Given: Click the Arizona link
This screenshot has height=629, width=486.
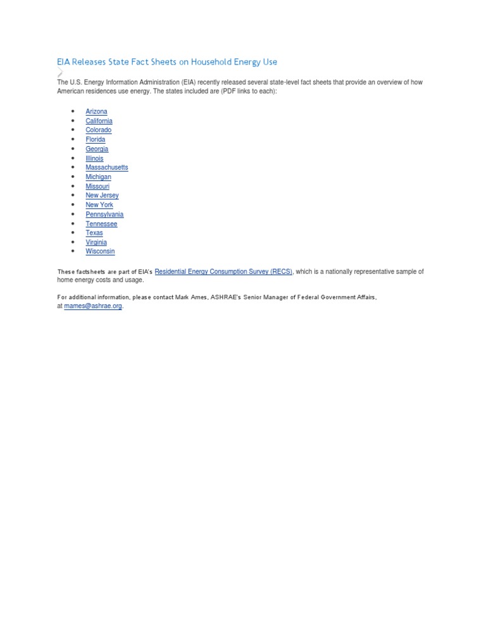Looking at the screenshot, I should pyautogui.click(x=96, y=111).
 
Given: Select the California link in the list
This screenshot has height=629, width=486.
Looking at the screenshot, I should pyautogui.click(x=99, y=121).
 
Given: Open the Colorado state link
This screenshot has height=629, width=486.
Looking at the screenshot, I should pyautogui.click(x=98, y=130).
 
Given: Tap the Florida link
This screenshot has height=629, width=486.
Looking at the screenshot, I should pyautogui.click(x=96, y=139).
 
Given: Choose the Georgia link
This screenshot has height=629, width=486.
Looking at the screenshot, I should pyautogui.click(x=97, y=149).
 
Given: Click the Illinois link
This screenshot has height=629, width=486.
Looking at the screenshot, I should pyautogui.click(x=94, y=158).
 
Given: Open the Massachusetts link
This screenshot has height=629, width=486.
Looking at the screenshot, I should pyautogui.click(x=106, y=168).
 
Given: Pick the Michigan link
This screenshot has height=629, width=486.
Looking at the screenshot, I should pyautogui.click(x=98, y=177).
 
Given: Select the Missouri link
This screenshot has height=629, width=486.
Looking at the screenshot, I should pyautogui.click(x=97, y=186).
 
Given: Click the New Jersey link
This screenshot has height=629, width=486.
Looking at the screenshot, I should pyautogui.click(x=102, y=196).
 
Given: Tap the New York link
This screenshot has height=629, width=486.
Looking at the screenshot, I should pyautogui.click(x=99, y=205).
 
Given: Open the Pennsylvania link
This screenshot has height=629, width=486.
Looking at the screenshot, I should pyautogui.click(x=104, y=215).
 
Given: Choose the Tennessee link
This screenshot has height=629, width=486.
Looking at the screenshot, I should pyautogui.click(x=101, y=223).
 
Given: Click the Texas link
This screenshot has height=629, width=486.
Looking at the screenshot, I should pyautogui.click(x=94, y=233).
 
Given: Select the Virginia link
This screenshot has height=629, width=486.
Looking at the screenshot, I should pyautogui.click(x=96, y=242).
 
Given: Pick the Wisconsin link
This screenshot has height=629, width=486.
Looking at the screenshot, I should pyautogui.click(x=100, y=251).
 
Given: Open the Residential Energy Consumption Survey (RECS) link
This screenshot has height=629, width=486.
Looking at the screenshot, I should pyautogui.click(x=223, y=271).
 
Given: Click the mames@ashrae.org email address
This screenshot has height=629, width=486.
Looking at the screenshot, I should pyautogui.click(x=93, y=306).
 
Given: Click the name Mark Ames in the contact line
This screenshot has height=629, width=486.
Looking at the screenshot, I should pyautogui.click(x=190, y=297).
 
